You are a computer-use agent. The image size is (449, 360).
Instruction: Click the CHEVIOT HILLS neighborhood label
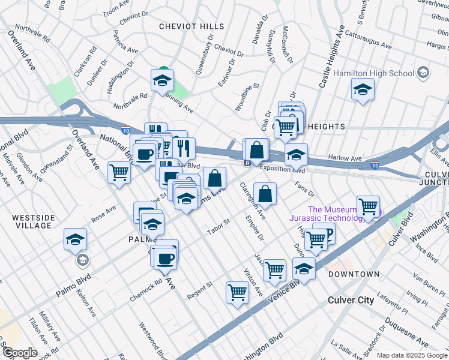coord(191,26)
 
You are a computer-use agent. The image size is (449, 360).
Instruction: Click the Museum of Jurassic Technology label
coord(336,214)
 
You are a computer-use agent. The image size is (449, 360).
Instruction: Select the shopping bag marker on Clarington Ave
coord(265,194)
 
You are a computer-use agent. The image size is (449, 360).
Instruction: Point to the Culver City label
coord(351,300)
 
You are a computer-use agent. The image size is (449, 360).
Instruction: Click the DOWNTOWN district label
coord(354,274)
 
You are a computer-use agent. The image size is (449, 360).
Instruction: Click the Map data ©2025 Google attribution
coord(411,355)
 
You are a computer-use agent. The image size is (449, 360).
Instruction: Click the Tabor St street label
coord(218,227)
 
